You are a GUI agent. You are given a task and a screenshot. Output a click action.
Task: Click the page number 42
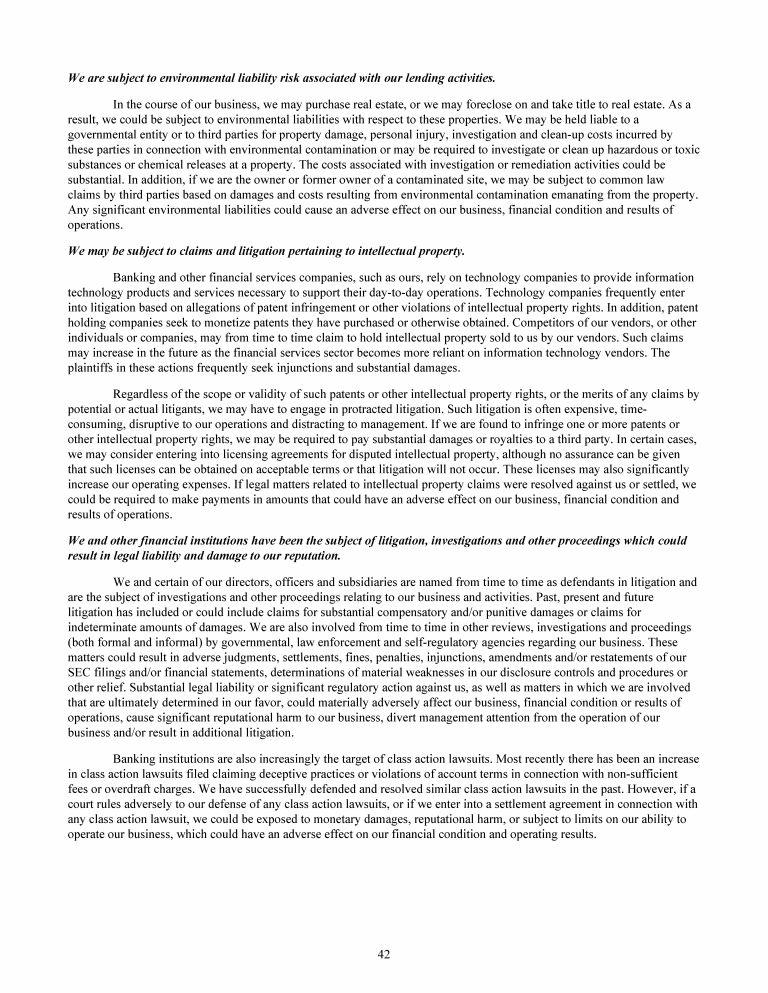[384, 954]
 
